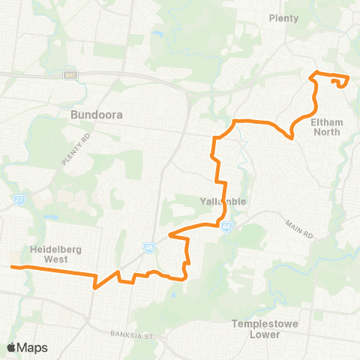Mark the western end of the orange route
pos(12,266)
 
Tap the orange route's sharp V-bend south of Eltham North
pos(292,137)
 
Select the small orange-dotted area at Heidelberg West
pos(13,262)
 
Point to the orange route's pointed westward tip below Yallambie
pos(170,235)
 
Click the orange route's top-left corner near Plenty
pos(313,73)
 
